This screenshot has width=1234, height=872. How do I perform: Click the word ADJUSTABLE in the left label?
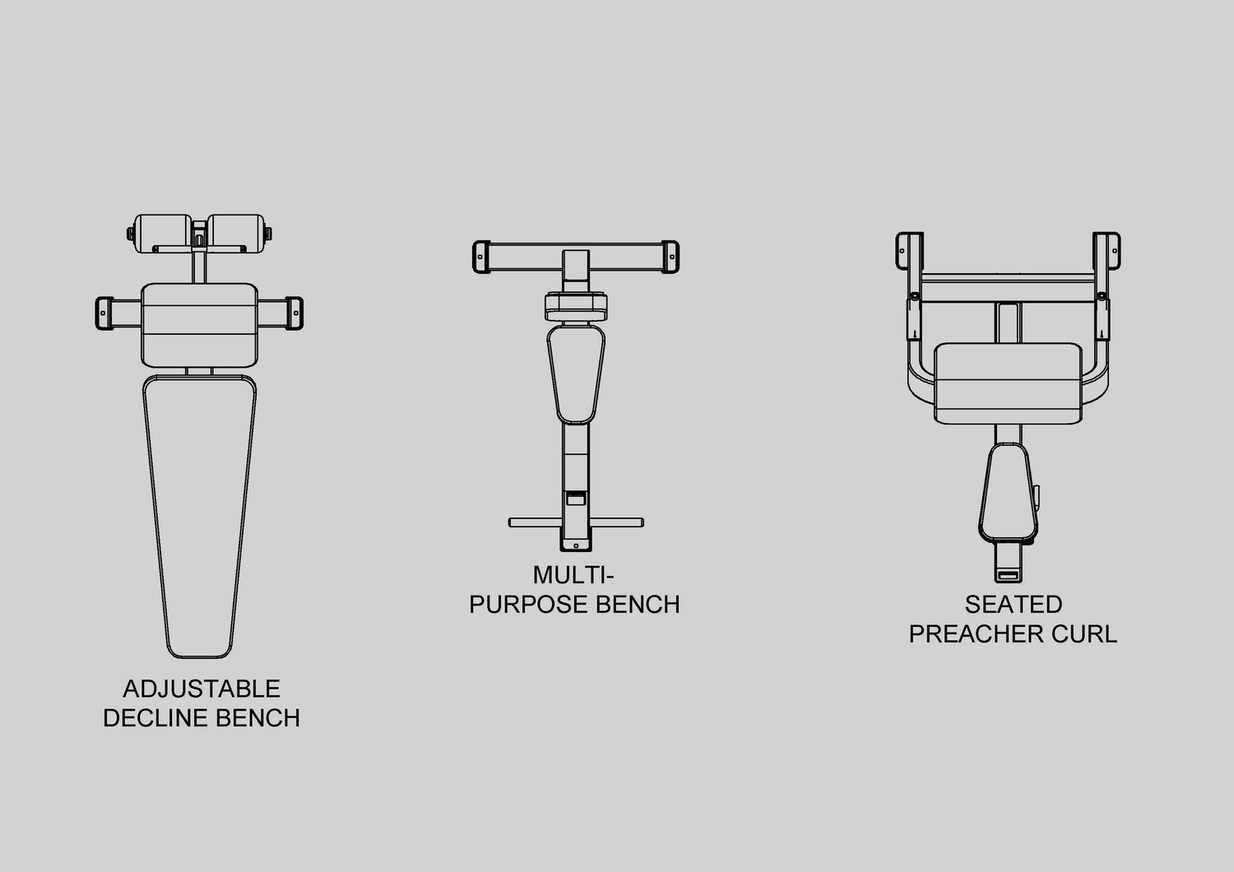click(201, 689)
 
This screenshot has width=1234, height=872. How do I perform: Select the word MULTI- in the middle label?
click(573, 575)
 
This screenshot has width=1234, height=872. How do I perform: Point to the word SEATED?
click(1013, 605)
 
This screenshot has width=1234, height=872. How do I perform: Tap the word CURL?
click(1084, 634)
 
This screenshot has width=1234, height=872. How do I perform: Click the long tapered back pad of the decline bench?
click(199, 516)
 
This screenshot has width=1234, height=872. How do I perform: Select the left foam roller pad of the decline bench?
click(163, 234)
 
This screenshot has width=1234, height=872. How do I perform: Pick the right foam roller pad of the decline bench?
click(236, 234)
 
